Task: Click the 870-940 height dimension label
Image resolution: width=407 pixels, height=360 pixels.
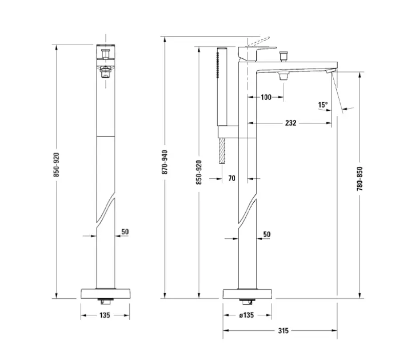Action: (x=165, y=162)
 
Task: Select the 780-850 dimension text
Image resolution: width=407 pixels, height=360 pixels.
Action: (x=360, y=179)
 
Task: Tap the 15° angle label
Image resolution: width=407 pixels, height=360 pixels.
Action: (x=323, y=105)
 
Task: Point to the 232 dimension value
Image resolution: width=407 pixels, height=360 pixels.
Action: (x=291, y=123)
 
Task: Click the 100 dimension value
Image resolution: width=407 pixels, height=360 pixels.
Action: (x=266, y=97)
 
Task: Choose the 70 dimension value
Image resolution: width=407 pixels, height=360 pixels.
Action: (x=232, y=178)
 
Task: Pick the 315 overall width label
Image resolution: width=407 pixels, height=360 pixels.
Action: (x=283, y=331)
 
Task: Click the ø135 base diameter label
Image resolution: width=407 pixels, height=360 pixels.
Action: (x=246, y=315)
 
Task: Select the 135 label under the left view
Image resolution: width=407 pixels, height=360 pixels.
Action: (x=105, y=315)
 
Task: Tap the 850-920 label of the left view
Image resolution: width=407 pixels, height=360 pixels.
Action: (x=57, y=165)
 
